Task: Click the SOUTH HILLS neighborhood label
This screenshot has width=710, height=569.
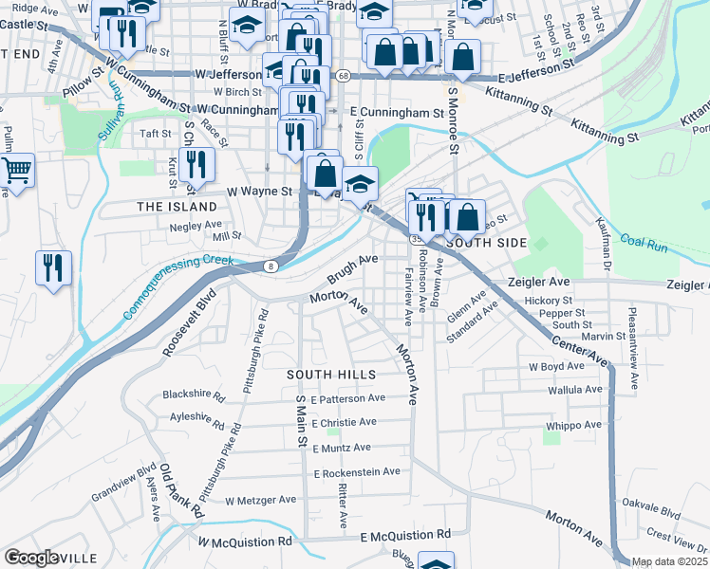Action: [331, 376]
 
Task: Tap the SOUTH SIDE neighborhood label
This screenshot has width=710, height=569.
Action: [486, 243]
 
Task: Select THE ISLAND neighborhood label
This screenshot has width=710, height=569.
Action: [177, 207]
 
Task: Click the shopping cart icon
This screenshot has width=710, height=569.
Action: [15, 171]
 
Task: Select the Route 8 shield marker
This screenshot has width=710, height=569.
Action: [271, 266]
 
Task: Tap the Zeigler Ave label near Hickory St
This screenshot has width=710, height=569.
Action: [565, 283]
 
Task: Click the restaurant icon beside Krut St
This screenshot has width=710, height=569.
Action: [196, 164]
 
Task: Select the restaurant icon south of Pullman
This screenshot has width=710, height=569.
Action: [53, 267]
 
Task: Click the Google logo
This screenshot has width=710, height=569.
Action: [30, 558]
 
